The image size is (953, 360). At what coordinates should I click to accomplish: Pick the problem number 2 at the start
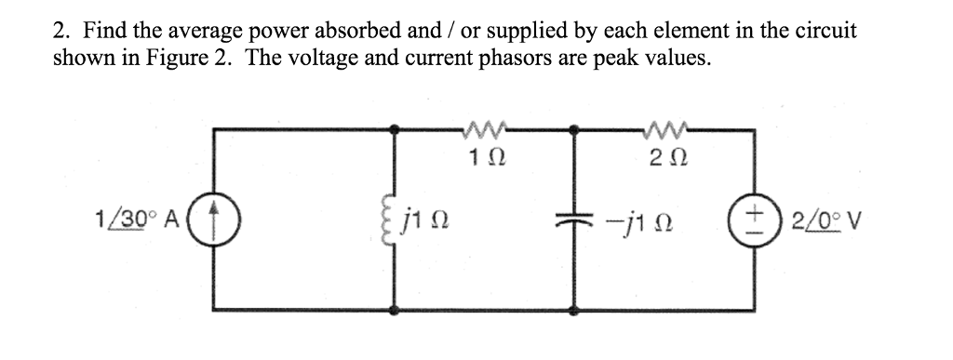[58, 29]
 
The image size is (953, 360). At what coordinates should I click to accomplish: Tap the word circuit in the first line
[826, 29]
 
